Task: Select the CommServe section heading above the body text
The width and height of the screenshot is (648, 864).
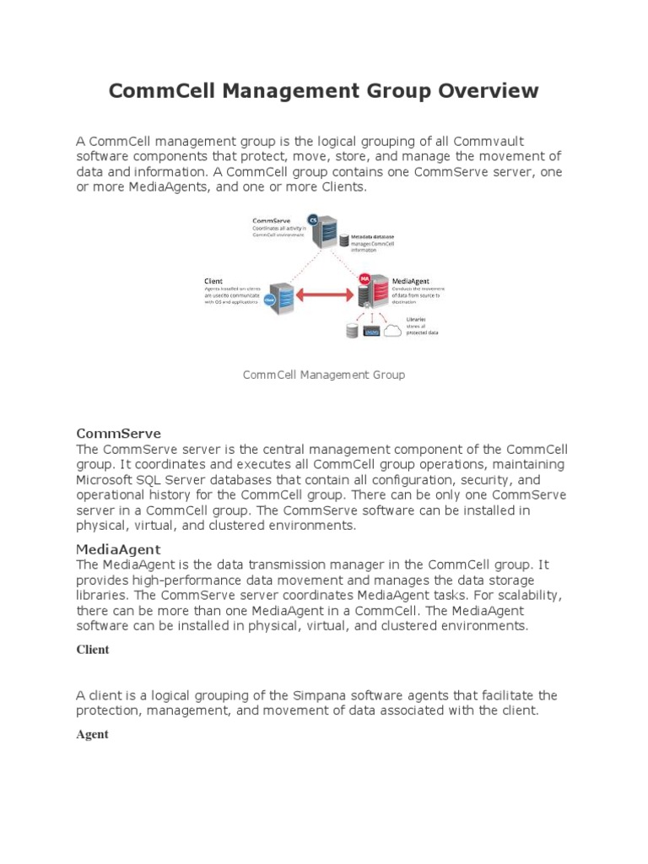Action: (x=118, y=434)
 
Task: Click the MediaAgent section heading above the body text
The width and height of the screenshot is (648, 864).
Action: (x=118, y=549)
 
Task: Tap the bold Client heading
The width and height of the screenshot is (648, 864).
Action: (x=93, y=650)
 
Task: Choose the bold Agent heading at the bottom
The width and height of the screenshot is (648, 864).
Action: (x=92, y=734)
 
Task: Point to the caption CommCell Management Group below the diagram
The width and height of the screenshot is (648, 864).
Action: (x=324, y=375)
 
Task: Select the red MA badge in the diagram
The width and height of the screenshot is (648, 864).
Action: (x=364, y=277)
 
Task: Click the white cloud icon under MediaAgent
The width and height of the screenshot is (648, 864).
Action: (x=392, y=331)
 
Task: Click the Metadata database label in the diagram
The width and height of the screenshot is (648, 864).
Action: (x=372, y=237)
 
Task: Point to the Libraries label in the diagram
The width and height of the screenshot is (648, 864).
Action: (x=416, y=320)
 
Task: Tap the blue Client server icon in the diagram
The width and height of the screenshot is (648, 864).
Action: (x=283, y=297)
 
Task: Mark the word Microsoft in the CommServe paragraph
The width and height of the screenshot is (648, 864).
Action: (x=105, y=479)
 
